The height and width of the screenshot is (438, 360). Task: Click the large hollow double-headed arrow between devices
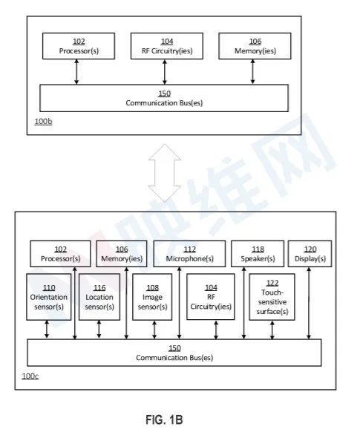pos(165,173)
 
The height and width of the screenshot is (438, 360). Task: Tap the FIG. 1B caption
pos(164,419)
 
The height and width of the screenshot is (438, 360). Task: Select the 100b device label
pos(43,122)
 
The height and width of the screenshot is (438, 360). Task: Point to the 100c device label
pos(30,376)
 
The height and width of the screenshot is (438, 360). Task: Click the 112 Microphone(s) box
pos(189,254)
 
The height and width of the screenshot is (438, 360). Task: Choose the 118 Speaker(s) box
pos(258,254)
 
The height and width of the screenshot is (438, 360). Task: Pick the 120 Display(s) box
pos(310,254)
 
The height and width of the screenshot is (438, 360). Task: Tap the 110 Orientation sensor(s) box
pos(48,297)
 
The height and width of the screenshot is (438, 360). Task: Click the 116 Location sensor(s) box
pos(99,297)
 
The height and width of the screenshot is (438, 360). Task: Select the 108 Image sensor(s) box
pos(152,297)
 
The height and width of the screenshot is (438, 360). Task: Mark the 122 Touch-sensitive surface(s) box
pos(272,297)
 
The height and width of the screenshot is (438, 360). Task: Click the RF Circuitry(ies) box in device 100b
pos(167,46)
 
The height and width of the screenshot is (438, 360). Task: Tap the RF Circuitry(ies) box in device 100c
pos(211,296)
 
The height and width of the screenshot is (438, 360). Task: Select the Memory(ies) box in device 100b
pos(255,46)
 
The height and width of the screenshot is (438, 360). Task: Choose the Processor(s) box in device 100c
pos(60,254)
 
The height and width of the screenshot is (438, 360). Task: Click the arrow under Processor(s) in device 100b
pos(76,72)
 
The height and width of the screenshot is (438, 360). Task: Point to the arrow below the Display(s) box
pos(309,303)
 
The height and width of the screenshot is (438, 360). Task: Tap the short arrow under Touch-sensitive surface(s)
pos(272,330)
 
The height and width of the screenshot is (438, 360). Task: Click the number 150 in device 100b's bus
pos(164,94)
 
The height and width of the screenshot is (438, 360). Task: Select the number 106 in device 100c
pos(122,249)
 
